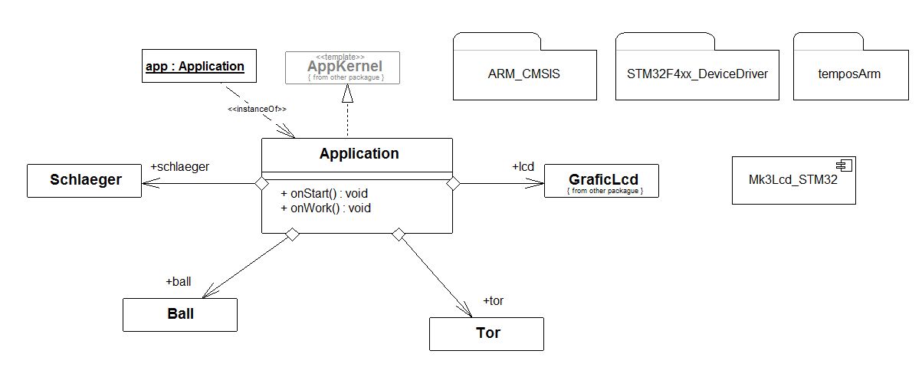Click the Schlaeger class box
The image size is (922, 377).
coord(84,181)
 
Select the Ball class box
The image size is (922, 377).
coord(180,315)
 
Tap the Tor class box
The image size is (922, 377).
coord(487,334)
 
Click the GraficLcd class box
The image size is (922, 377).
coord(602,181)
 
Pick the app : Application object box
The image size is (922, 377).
coord(199,66)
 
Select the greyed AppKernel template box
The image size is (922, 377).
coord(343,68)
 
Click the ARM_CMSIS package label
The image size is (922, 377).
coord(524,74)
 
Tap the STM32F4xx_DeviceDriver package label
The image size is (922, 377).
coord(697,74)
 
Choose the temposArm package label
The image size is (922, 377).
coord(849,74)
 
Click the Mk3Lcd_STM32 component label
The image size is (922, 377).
coord(792,180)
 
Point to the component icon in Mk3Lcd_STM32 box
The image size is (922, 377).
coord(844,166)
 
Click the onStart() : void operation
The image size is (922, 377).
coord(324,193)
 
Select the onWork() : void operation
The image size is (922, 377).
coord(326,208)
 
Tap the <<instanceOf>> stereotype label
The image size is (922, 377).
coord(257,109)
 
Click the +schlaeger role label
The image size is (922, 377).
coord(180,167)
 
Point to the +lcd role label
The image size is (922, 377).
coord(523,167)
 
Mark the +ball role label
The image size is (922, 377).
coord(179,281)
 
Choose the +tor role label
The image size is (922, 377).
coord(493,301)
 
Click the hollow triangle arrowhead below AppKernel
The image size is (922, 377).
coord(348,93)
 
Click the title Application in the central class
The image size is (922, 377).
coord(359,154)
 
